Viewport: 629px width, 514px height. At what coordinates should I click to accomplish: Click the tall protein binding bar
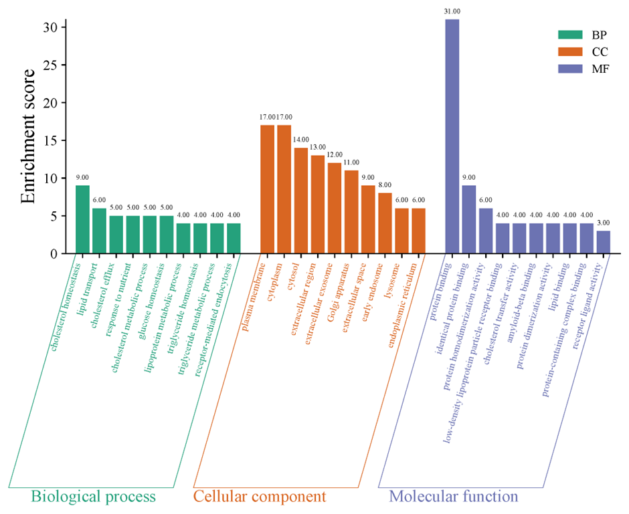pyautogui.click(x=452, y=136)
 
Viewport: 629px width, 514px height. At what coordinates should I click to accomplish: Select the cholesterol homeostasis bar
pyautogui.click(x=82, y=219)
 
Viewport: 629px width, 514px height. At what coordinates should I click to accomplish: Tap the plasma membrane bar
pyautogui.click(x=267, y=189)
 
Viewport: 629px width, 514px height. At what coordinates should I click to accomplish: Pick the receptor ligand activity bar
pyautogui.click(x=603, y=242)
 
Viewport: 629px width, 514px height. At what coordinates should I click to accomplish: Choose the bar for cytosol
pyautogui.click(x=300, y=201)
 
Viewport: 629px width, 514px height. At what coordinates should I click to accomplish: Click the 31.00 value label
pyautogui.click(x=452, y=11)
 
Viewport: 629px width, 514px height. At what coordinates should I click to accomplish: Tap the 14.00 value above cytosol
pyautogui.click(x=300, y=140)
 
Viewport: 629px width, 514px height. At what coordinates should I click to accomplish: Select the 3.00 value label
pyautogui.click(x=603, y=223)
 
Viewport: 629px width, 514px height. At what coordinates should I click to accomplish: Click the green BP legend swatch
pyautogui.click(x=571, y=34)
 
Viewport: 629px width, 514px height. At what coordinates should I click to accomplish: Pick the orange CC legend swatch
pyautogui.click(x=571, y=52)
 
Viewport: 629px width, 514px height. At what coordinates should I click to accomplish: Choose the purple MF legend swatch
pyautogui.click(x=571, y=70)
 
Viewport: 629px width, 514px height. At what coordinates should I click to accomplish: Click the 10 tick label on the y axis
pyautogui.click(x=54, y=178)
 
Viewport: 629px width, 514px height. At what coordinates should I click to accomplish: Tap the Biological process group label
pyautogui.click(x=93, y=497)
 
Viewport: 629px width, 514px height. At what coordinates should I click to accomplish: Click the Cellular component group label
pyautogui.click(x=259, y=497)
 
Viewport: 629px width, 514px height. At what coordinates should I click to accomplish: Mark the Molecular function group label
pyautogui.click(x=453, y=497)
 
